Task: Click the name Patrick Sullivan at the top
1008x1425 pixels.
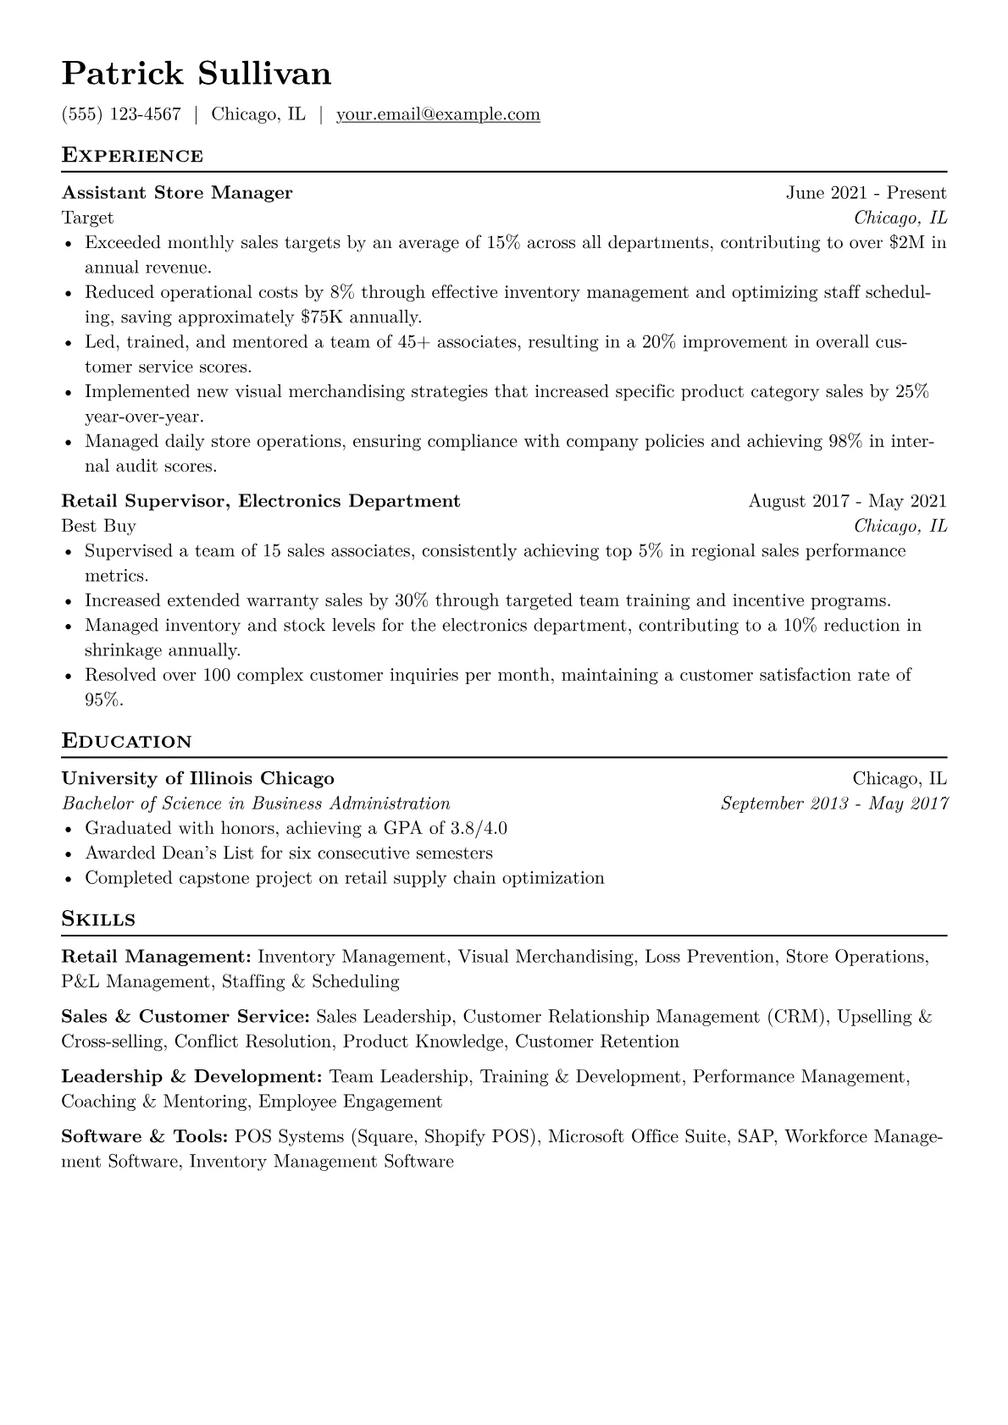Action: (x=197, y=75)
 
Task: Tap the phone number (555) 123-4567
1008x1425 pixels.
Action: (x=121, y=114)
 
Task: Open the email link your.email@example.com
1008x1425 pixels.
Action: (x=438, y=114)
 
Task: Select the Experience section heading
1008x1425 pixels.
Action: (x=132, y=156)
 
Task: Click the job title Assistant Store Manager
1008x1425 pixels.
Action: (x=177, y=193)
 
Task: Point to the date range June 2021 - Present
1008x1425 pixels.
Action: (x=866, y=193)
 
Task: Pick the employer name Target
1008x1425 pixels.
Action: (x=87, y=218)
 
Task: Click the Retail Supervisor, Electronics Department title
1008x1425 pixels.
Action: (x=261, y=501)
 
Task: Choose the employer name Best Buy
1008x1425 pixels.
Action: (x=98, y=527)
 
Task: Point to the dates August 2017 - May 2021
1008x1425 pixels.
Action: (x=847, y=501)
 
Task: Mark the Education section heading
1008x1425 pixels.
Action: (x=127, y=742)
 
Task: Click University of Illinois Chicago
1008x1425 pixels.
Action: (x=198, y=779)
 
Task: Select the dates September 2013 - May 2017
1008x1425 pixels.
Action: (x=834, y=804)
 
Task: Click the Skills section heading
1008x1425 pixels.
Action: (x=98, y=920)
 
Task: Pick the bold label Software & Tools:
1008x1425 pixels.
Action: (x=145, y=1137)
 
